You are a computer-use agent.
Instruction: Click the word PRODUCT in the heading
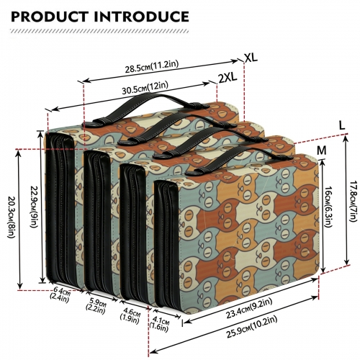(x=50, y=17)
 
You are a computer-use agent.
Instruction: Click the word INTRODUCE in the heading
(x=142, y=17)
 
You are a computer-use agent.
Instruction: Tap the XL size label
(x=251, y=58)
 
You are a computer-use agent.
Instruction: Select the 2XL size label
(x=228, y=78)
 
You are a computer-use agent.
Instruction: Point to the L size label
(x=342, y=125)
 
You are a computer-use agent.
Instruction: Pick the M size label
(x=322, y=150)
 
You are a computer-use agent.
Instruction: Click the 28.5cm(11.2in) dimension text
(x=152, y=66)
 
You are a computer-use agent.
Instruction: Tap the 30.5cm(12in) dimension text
(x=145, y=88)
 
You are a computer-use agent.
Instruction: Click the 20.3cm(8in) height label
(x=12, y=217)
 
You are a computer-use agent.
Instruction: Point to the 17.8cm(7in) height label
(x=354, y=201)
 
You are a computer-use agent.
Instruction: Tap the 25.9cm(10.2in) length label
(x=252, y=327)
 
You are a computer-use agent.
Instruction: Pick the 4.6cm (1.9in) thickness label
(x=130, y=317)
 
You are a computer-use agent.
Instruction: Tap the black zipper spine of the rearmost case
(x=60, y=207)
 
